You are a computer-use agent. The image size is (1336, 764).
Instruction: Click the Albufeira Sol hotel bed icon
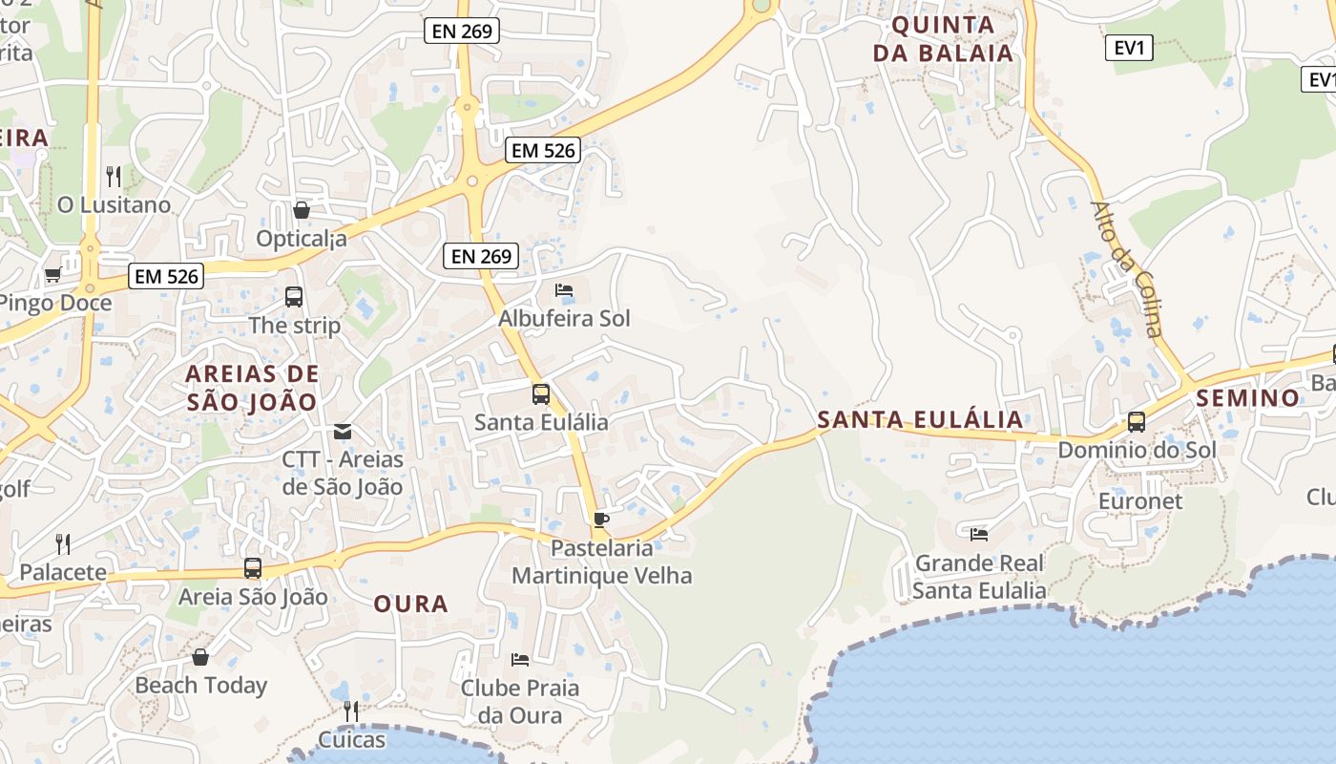564,289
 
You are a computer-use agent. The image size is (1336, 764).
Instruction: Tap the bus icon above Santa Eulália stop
541,393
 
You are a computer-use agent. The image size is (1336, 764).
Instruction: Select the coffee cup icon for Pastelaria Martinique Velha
600,520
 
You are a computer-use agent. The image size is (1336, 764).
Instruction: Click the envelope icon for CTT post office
343,432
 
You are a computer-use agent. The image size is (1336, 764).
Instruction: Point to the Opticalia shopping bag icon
302,210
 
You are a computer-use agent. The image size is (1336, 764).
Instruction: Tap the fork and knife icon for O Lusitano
114,176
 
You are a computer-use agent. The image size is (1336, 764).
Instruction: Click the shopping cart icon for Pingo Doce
52,275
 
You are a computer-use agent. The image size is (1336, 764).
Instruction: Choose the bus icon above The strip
294,297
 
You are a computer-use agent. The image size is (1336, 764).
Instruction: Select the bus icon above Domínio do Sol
1137,421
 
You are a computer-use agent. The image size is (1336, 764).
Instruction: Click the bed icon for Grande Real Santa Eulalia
979,534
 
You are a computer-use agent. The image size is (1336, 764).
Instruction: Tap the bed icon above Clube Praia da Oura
520,659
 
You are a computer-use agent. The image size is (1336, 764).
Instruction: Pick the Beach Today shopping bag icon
200,657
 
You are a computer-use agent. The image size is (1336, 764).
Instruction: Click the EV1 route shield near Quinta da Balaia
1129,48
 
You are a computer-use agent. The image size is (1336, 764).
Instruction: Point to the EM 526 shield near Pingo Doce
167,277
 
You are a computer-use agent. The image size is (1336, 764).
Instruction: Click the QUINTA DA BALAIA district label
943,39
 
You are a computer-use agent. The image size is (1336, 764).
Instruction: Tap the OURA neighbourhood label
410,604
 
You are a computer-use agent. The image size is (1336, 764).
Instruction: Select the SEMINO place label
1248,397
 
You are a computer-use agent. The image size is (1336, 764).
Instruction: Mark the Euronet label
1140,500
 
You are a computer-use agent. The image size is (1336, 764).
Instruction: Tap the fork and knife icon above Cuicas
351,711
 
